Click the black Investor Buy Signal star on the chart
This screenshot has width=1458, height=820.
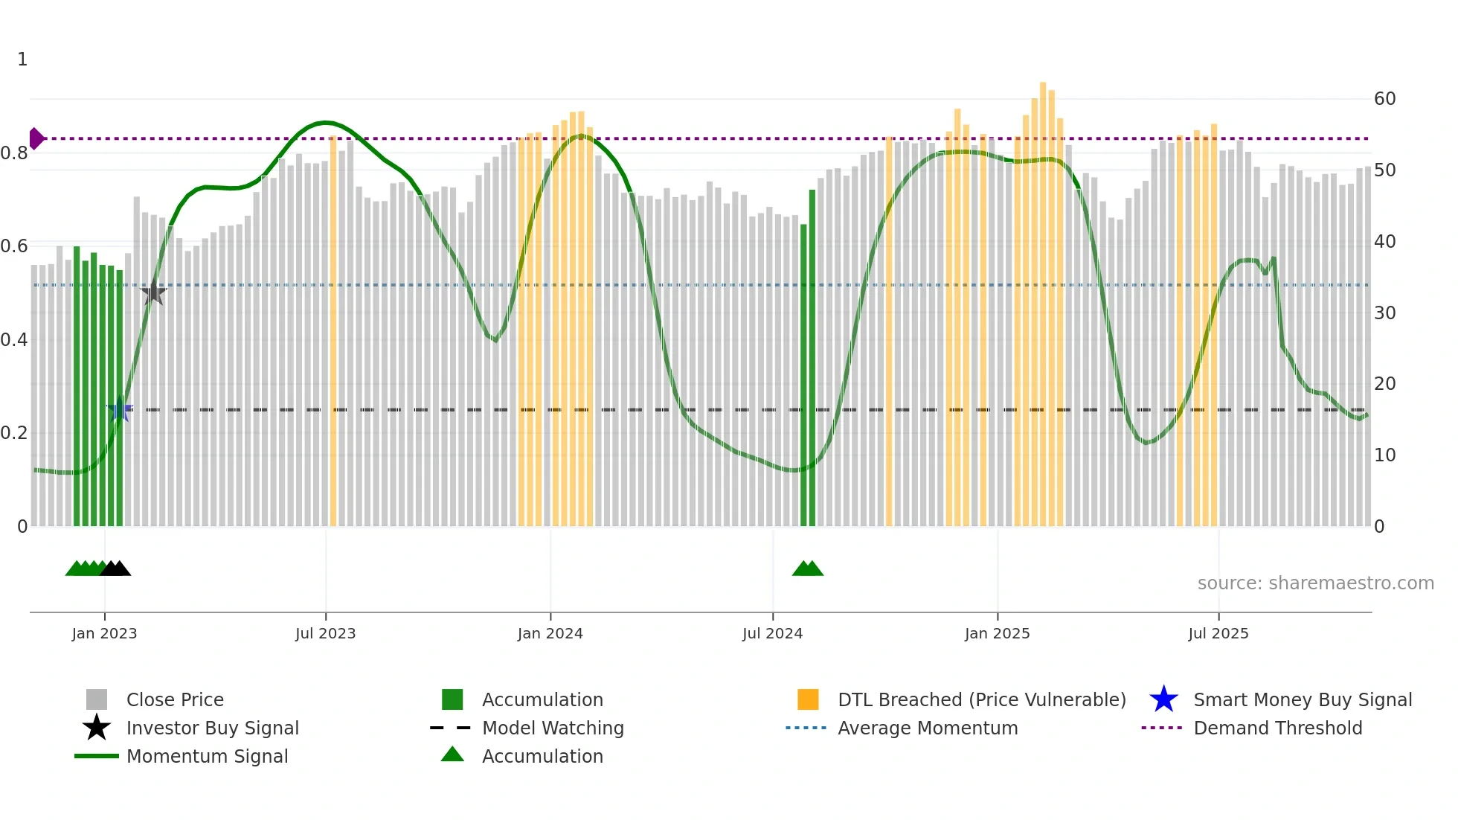(153, 292)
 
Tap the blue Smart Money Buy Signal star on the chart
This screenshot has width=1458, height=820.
(120, 409)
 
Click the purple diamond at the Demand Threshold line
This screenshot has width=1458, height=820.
(36, 138)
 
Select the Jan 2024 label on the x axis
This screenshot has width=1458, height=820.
(550, 633)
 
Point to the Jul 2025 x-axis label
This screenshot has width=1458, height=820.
(1218, 633)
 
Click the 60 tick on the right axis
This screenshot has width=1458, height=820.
(1384, 99)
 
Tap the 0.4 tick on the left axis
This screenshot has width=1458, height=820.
(14, 340)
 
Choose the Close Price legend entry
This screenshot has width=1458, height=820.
(175, 699)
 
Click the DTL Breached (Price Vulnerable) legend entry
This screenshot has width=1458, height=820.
(981, 699)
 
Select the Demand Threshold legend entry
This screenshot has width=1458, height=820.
(1277, 728)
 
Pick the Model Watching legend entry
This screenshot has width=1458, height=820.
(552, 728)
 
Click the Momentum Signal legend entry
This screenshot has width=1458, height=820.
(207, 756)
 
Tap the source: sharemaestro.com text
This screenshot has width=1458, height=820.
(1315, 583)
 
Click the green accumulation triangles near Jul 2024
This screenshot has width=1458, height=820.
(808, 568)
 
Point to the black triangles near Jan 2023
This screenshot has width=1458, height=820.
(115, 568)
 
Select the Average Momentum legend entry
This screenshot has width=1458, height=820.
(927, 728)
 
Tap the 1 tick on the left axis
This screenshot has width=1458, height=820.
(22, 60)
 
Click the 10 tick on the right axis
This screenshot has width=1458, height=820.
(1384, 455)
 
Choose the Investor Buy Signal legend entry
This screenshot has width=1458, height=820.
(212, 728)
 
